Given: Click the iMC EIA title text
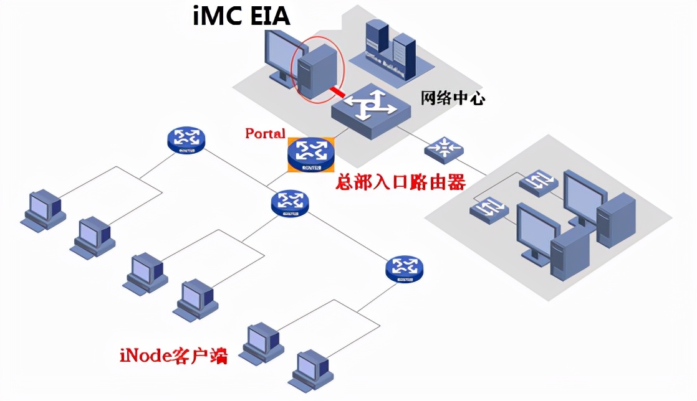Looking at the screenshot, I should (x=241, y=16).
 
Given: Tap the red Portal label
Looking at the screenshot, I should (x=265, y=133).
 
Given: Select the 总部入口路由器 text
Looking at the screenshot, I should (x=400, y=182).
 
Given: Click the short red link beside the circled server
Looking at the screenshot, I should (x=337, y=92).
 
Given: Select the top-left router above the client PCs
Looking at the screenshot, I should (x=186, y=140).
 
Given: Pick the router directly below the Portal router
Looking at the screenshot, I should (x=290, y=203).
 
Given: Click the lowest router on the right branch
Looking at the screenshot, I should (x=405, y=268).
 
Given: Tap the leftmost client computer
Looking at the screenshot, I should (x=42, y=210).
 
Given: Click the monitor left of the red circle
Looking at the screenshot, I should (x=278, y=55).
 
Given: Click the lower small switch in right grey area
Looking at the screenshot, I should (x=490, y=210).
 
